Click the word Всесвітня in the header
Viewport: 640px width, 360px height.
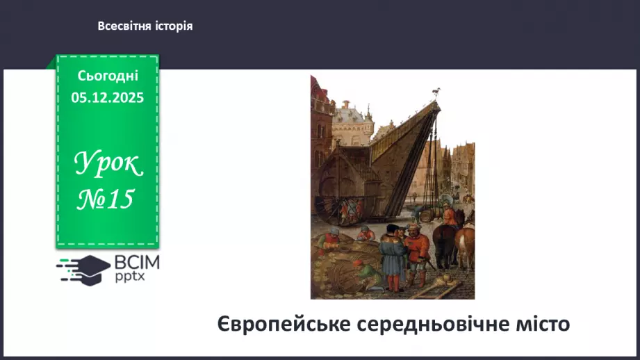click(125, 26)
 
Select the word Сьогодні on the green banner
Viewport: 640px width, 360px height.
click(108, 76)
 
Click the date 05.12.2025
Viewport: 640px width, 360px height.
click(107, 97)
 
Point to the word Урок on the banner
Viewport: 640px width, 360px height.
click(108, 163)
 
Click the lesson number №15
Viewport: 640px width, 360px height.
click(106, 199)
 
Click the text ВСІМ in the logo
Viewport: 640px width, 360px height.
click(137, 263)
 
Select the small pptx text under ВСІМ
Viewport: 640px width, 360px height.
click(130, 277)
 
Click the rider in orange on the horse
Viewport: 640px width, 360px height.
click(450, 215)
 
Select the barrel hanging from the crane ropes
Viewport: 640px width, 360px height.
click(427, 215)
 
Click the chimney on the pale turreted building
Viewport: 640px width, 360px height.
click(346, 105)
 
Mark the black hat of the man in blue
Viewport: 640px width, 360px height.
click(393, 228)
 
